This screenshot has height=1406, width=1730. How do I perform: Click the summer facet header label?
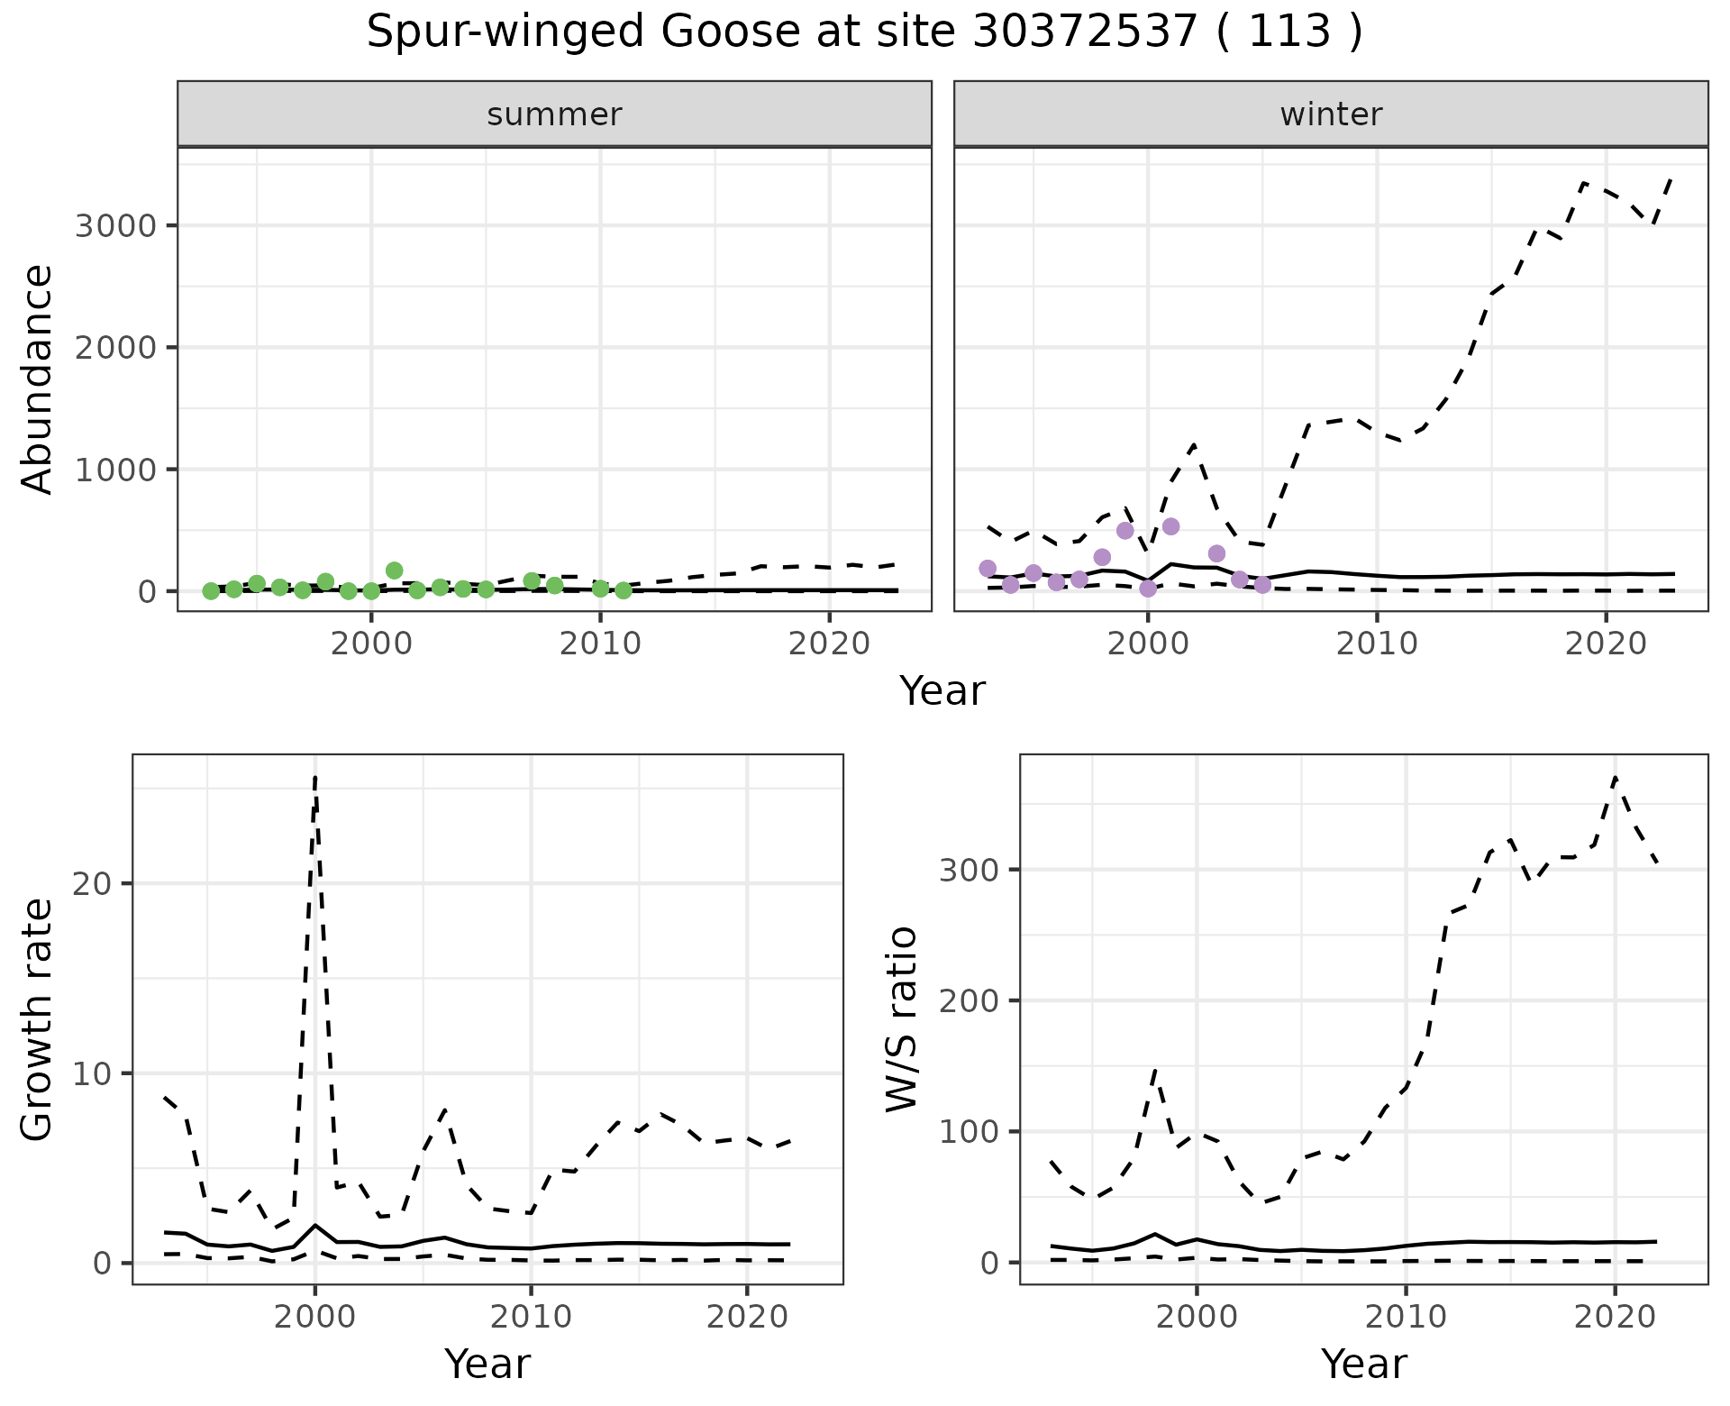click(554, 114)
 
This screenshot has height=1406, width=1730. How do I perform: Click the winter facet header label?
click(1331, 114)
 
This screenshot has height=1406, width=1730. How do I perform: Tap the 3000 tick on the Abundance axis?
click(116, 225)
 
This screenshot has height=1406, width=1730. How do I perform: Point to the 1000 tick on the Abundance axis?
click(116, 470)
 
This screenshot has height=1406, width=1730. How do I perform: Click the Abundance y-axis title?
click(38, 379)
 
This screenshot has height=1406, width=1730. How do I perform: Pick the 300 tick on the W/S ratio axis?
click(970, 870)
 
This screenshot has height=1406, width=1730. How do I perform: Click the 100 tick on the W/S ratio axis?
click(970, 1131)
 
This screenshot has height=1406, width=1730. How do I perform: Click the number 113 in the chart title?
click(1290, 32)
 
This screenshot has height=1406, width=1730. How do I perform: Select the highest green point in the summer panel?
click(394, 571)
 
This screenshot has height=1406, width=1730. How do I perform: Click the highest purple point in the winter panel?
click(1171, 526)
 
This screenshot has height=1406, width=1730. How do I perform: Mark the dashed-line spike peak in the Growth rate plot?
click(314, 777)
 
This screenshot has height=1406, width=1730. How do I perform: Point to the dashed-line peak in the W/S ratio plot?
click(1616, 778)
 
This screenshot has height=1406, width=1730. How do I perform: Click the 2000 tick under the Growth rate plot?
click(314, 1317)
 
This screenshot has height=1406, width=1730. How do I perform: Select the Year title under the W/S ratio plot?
click(1364, 1364)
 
